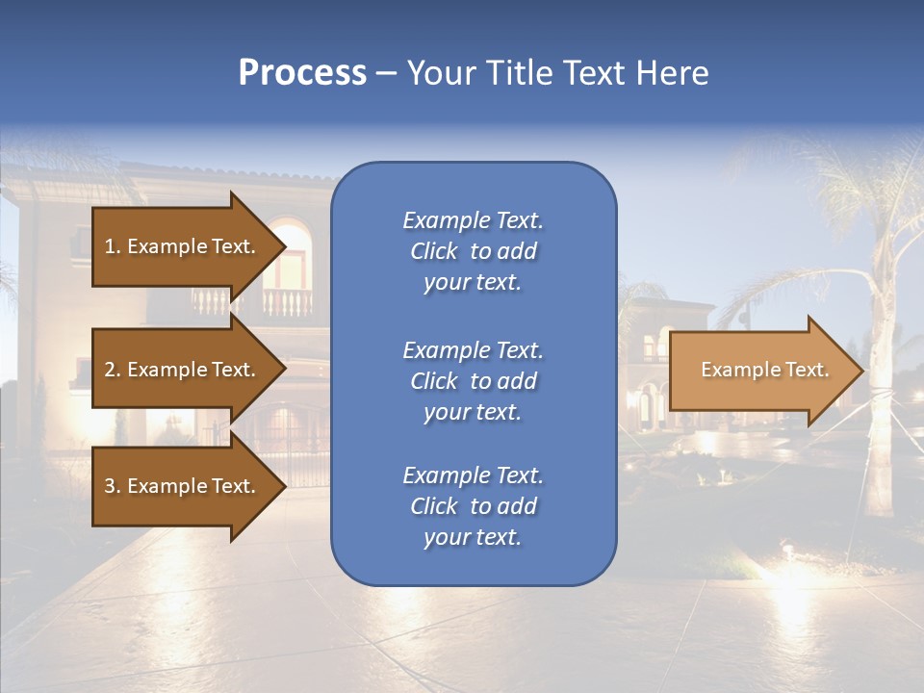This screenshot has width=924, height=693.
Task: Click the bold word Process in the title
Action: pyautogui.click(x=302, y=73)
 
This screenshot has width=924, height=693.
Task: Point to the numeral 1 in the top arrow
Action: pyautogui.click(x=110, y=246)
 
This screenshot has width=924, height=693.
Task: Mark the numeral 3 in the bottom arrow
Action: pyautogui.click(x=110, y=486)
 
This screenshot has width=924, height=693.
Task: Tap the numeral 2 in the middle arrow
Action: pyautogui.click(x=110, y=370)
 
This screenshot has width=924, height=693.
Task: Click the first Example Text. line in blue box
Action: pyautogui.click(x=473, y=220)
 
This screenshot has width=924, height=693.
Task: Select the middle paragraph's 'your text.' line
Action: pyautogui.click(x=473, y=412)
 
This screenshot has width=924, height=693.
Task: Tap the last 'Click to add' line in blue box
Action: pyautogui.click(x=473, y=506)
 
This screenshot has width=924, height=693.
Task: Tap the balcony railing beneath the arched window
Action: pyautogui.click(x=287, y=302)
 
